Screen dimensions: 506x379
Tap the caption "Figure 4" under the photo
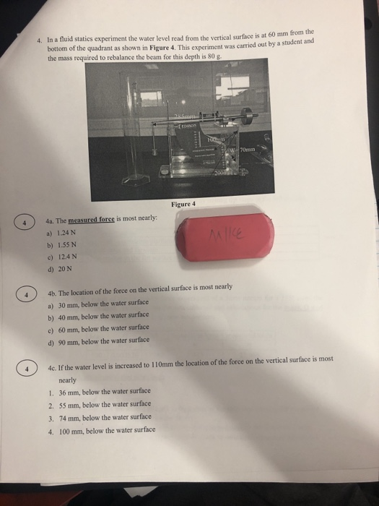(x=184, y=205)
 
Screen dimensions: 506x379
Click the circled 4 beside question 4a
(x=25, y=223)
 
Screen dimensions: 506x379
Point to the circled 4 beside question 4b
(x=25, y=295)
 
